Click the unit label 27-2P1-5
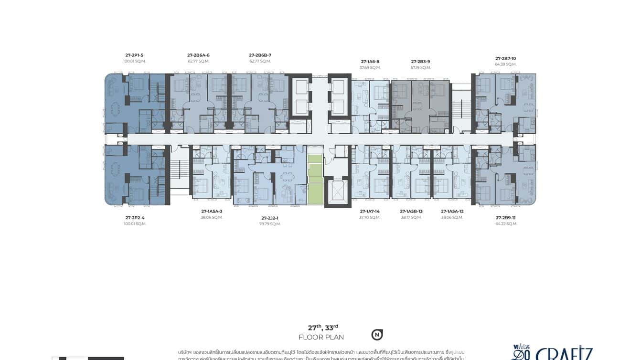coord(134,55)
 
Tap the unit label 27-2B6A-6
coord(198,55)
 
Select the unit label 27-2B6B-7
coord(260,55)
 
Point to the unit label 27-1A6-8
coord(370,61)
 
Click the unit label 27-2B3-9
coord(421,61)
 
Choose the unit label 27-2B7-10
coord(505,58)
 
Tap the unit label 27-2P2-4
coord(135,218)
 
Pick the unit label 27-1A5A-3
coord(212,211)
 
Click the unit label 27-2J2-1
coord(270,218)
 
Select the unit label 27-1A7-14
coord(370,211)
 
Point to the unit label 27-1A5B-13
coord(411,211)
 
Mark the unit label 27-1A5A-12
coord(452,211)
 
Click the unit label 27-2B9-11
coord(506,218)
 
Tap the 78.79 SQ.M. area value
coord(270,223)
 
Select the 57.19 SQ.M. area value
coord(421,67)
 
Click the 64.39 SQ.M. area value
coord(505,64)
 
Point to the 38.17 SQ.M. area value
coord(411,217)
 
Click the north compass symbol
coord(377,335)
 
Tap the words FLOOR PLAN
coord(321,337)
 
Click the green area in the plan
coord(315,179)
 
